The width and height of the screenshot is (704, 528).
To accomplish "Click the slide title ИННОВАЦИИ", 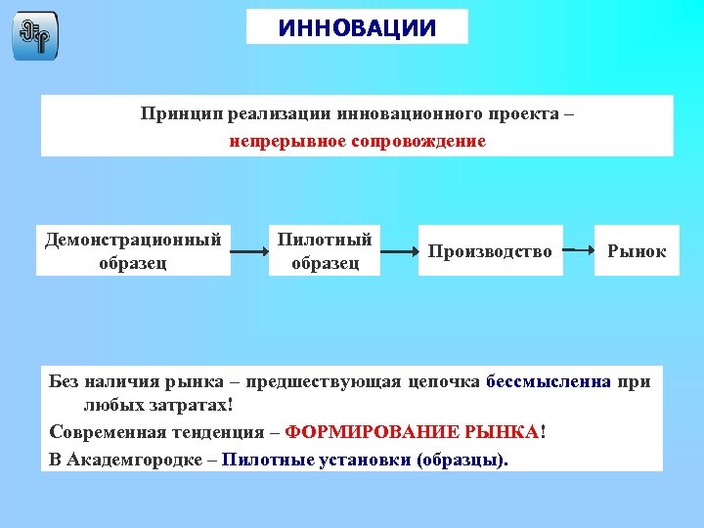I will point(357,27).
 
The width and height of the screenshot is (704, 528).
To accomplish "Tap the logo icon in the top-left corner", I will point(35,36).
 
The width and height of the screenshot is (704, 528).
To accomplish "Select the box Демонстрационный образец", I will point(133,250).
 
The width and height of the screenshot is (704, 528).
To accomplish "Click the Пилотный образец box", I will point(325,250).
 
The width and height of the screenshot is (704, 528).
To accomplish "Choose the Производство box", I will point(490,251).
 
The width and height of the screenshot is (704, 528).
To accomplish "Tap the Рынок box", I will point(637,251).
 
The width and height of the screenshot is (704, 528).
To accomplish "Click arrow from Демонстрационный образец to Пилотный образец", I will point(249,252).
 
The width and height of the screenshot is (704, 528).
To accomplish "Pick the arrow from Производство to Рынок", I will point(579,251).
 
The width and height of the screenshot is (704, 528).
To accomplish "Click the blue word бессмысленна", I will point(548,381).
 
